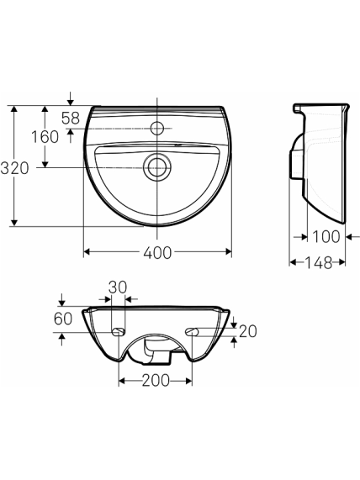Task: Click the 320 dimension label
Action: click(x=14, y=168)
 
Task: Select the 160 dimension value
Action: click(x=45, y=136)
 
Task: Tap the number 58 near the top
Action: click(x=71, y=118)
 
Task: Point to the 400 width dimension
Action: click(x=157, y=252)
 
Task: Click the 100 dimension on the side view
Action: click(x=326, y=236)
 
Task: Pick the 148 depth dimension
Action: click(x=318, y=262)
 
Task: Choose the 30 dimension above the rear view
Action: click(x=118, y=287)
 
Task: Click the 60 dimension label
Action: click(x=63, y=319)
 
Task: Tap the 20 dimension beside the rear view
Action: click(x=248, y=331)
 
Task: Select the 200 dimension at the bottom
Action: click(x=156, y=381)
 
